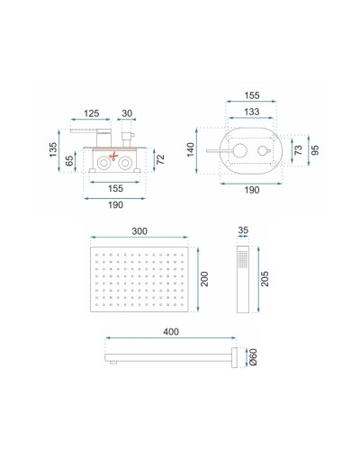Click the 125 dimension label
coord(92,114)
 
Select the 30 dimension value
coord(127,114)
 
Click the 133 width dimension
coord(252,112)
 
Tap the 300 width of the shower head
coord(139,231)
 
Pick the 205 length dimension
coord(264,279)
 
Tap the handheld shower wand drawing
coord(243,279)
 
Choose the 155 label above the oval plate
coord(252,94)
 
